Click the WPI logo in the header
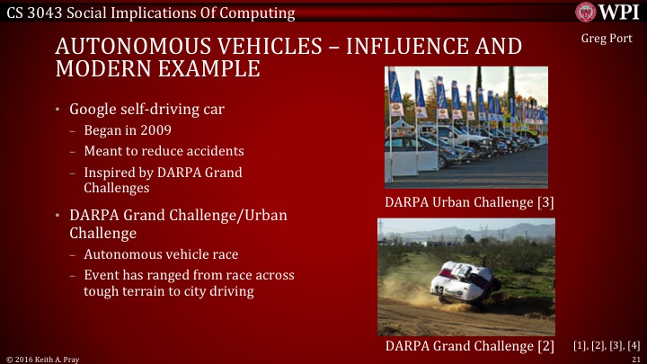610,12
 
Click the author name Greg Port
607,40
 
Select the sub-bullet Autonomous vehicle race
161,255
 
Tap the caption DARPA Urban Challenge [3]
469,202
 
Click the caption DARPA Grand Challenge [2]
469,345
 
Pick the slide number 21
634,359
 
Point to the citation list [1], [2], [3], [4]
607,345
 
